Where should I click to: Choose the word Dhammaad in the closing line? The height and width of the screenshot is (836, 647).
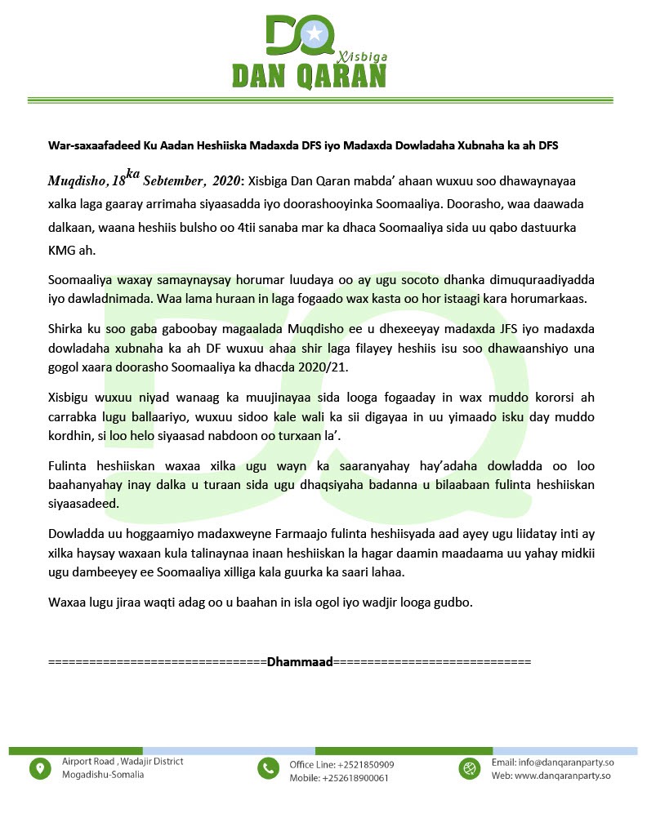pyautogui.click(x=300, y=661)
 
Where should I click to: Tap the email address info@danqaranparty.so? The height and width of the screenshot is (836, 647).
pyautogui.click(x=564, y=763)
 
